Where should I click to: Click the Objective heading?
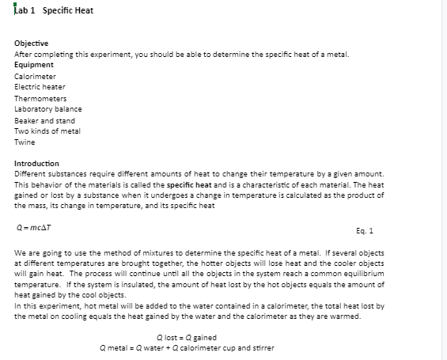click(32, 42)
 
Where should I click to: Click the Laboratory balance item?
click(48, 108)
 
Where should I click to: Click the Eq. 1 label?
click(366, 229)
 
